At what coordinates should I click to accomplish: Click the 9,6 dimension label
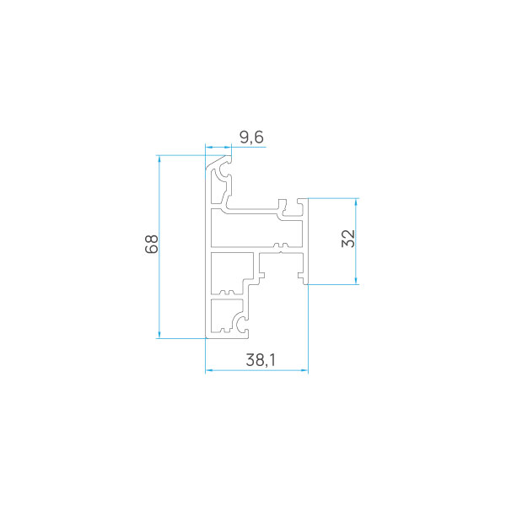tap(251, 137)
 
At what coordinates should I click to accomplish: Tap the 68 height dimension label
tap(152, 244)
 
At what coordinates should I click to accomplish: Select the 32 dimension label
tap(348, 239)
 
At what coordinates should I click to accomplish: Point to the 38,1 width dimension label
tap(261, 360)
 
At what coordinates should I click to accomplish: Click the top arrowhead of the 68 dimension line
tap(159, 159)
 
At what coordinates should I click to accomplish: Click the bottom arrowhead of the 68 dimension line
tap(159, 335)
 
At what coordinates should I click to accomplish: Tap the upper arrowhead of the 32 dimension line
tap(356, 202)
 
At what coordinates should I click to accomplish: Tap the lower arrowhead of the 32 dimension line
tap(356, 281)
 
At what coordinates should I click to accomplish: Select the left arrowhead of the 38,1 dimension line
tap(209, 370)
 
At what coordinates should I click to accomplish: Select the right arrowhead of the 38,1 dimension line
tap(304, 370)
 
